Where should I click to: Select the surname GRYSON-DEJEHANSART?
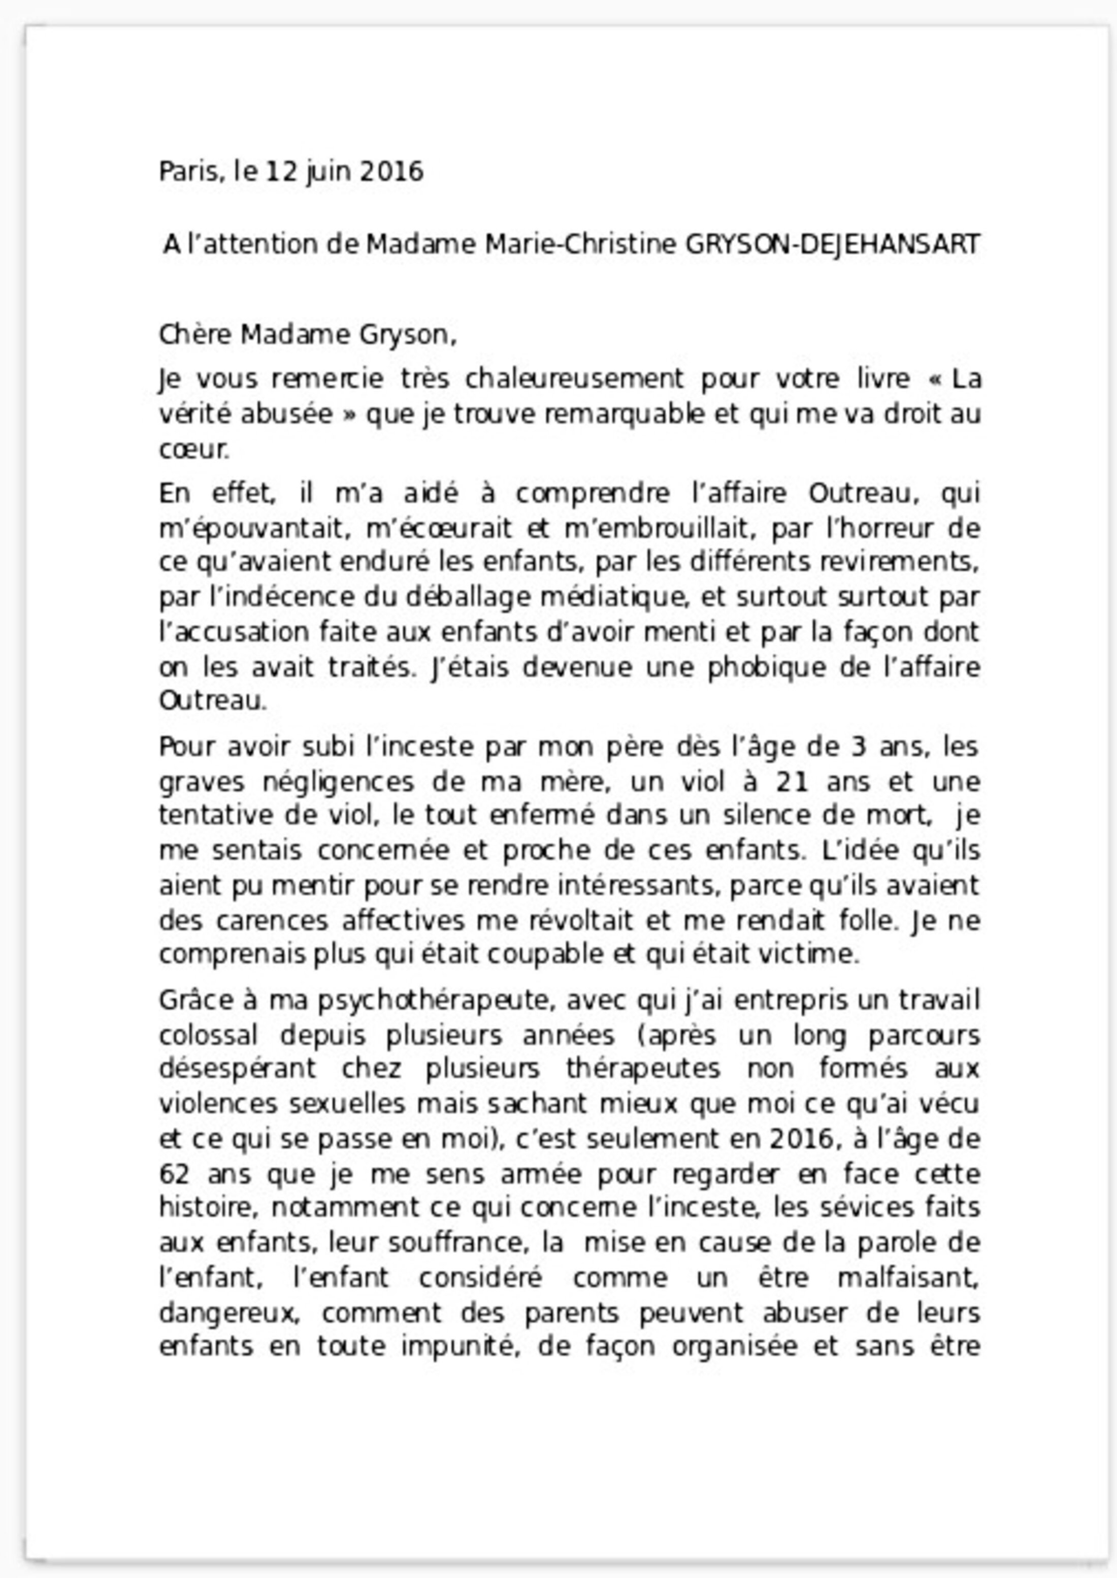point(832,244)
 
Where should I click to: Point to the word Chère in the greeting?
point(196,335)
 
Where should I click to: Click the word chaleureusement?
point(574,379)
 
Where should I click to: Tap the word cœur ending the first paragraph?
point(193,450)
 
